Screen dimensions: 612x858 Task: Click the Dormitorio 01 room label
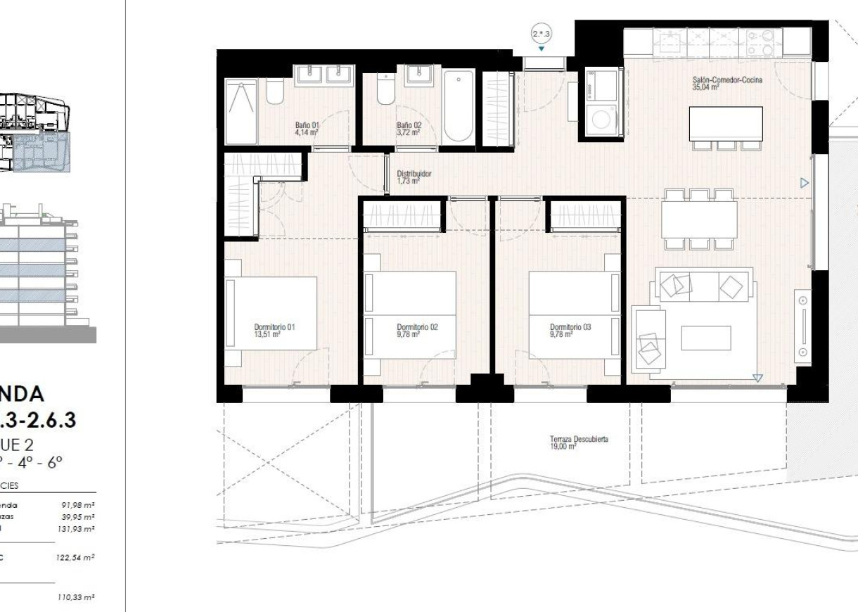click(x=274, y=330)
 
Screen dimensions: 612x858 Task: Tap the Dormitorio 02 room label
click(x=417, y=330)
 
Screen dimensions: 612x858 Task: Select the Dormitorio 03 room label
click(x=570, y=330)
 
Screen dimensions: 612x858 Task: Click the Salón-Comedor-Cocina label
click(x=727, y=84)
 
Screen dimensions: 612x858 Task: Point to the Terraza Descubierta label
click(x=579, y=442)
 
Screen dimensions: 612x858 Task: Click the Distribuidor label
click(x=414, y=177)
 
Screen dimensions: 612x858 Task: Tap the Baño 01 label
click(x=307, y=128)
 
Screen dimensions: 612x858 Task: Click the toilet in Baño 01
click(x=274, y=92)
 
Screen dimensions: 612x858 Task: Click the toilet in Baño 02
click(x=385, y=91)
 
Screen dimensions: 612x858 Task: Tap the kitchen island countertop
click(x=726, y=123)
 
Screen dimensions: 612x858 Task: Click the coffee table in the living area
click(x=706, y=338)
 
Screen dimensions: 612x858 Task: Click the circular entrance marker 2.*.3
click(x=541, y=33)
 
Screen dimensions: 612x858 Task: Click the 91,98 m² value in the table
click(x=79, y=505)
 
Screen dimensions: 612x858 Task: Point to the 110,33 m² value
click(x=76, y=597)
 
